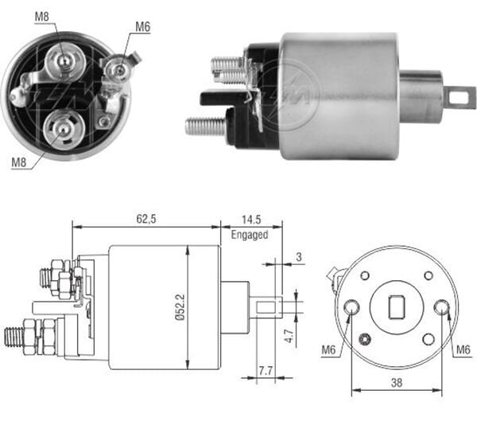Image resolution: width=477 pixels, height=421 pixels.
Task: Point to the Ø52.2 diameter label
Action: point(180,306)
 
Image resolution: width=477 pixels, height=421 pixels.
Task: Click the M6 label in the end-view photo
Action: point(142,26)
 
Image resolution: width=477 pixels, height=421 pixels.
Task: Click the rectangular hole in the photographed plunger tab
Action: point(459,97)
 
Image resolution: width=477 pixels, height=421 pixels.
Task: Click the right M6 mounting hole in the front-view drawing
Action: point(441,307)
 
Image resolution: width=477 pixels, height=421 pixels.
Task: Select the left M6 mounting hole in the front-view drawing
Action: point(351,308)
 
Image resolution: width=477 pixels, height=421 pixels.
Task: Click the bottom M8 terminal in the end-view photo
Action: point(60,124)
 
